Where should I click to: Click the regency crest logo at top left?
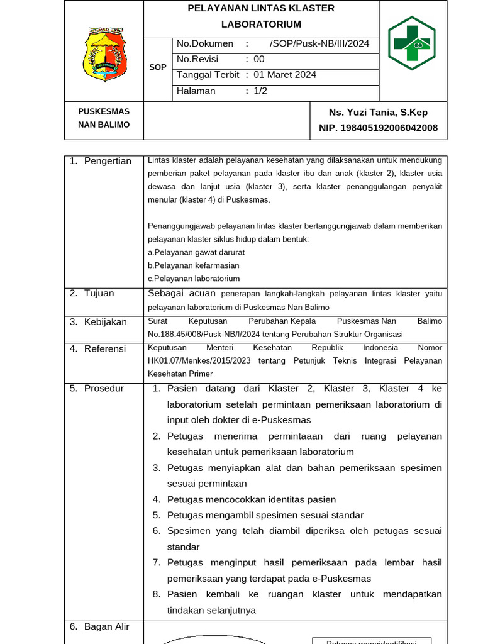(104, 53)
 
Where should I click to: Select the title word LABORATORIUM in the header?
(261, 24)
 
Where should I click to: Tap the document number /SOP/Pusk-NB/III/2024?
(319, 43)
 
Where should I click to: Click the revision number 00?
(259, 59)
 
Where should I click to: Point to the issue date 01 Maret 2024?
(285, 75)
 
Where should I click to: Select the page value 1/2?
(260, 91)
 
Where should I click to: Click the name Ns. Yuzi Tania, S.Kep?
(378, 112)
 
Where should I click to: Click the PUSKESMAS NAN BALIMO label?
(104, 118)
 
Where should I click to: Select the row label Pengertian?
(108, 161)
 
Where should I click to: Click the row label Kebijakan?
(106, 321)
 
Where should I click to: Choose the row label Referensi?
(105, 348)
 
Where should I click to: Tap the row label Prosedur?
(104, 388)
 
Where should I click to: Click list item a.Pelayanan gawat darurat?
(196, 252)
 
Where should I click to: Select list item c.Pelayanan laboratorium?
(194, 278)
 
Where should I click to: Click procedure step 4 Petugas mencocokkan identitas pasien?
(252, 499)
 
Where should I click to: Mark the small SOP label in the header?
(158, 67)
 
